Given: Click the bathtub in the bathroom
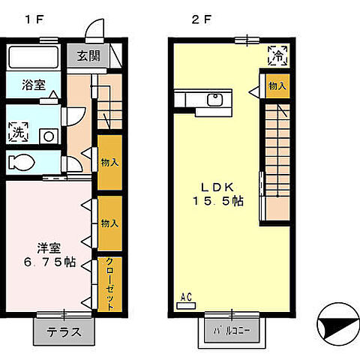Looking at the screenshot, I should pyautogui.click(x=33, y=57).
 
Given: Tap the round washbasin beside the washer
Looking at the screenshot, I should pyautogui.click(x=48, y=136).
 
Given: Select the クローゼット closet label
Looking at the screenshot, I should pyautogui.click(x=109, y=283).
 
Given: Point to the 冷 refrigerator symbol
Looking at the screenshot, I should pyautogui.click(x=277, y=55).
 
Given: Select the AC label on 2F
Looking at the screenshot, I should pyautogui.click(x=187, y=298).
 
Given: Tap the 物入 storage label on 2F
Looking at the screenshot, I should pyautogui.click(x=277, y=86).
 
